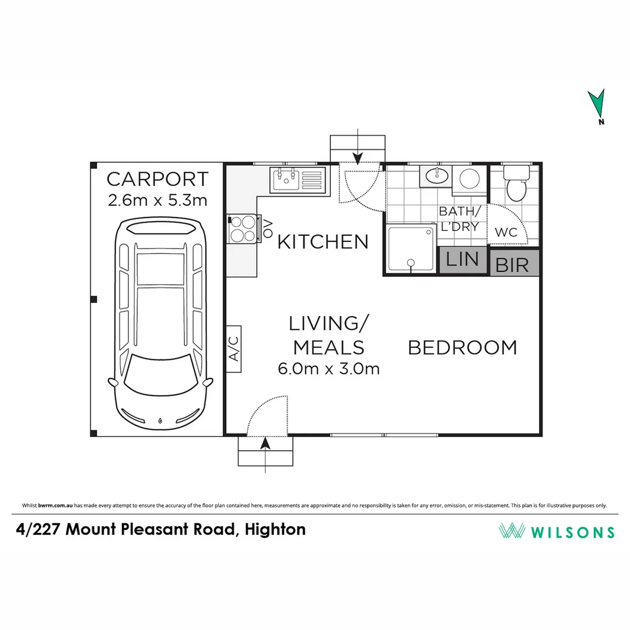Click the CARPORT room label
[157, 178]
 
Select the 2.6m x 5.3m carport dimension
[157, 200]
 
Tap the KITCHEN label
[323, 242]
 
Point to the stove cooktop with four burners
[243, 228]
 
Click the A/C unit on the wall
[234, 349]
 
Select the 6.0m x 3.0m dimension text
[328, 369]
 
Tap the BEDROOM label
[462, 348]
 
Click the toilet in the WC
[515, 183]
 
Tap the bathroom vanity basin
[435, 175]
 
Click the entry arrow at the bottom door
[265, 444]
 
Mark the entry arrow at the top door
[358, 156]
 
